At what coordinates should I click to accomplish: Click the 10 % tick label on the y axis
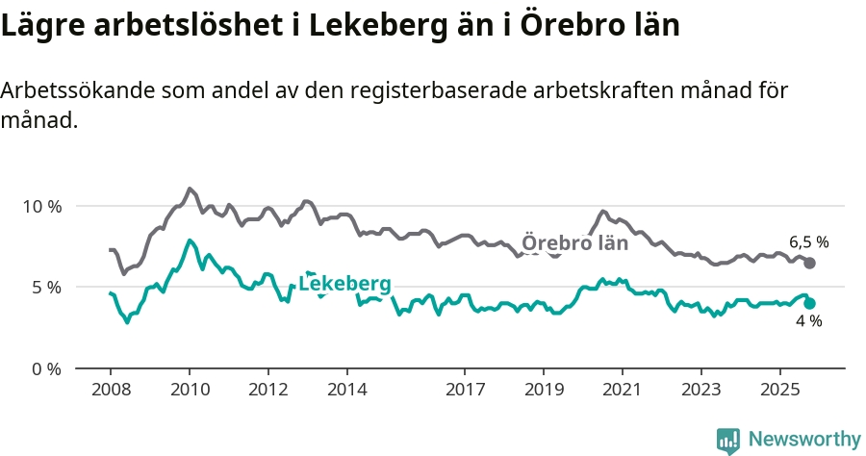(x=41, y=206)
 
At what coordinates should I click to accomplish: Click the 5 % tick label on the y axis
(x=45, y=287)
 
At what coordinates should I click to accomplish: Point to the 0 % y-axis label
(x=45, y=368)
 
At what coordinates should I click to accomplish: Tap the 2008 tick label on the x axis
(x=110, y=391)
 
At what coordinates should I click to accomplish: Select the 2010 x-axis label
(x=189, y=391)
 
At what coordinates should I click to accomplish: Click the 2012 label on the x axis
(x=267, y=391)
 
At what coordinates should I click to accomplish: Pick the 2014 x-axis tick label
(x=346, y=391)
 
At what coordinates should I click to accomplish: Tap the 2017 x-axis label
(x=465, y=391)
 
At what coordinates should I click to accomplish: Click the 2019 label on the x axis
(x=544, y=391)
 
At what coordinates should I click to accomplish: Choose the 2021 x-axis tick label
(x=623, y=391)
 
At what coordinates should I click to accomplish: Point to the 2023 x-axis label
(x=701, y=391)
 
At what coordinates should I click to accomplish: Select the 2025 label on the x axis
(x=780, y=391)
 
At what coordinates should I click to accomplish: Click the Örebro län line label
(x=574, y=243)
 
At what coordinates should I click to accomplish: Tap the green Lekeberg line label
(x=344, y=284)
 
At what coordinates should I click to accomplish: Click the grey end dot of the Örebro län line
(x=809, y=263)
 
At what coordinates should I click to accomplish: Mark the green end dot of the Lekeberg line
(x=809, y=303)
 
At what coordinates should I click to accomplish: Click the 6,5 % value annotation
(x=808, y=242)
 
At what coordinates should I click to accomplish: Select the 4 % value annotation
(x=808, y=321)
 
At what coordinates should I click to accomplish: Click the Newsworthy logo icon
(x=728, y=440)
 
